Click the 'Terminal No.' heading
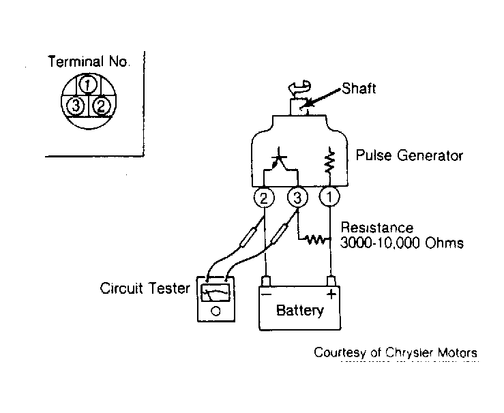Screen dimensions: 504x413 (89, 61)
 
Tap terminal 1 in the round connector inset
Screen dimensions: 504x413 (88, 85)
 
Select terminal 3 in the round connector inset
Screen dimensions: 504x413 (76, 106)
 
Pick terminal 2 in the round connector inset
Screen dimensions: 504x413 (101, 106)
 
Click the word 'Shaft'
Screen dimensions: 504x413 (359, 89)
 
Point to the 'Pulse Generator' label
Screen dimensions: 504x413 (409, 155)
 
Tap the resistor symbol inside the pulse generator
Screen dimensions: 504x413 (329, 162)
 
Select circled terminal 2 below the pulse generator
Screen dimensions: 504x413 (264, 198)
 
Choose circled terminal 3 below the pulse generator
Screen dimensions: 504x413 (297, 198)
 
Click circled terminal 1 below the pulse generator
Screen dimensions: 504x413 (330, 196)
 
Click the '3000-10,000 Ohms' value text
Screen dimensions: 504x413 (402, 243)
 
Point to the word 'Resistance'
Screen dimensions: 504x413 (376, 228)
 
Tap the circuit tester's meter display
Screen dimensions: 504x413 (216, 292)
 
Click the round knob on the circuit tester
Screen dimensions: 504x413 (216, 311)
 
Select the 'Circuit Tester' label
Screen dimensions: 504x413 (145, 288)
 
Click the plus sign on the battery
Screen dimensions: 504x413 (331, 294)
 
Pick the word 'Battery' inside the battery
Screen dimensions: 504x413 (300, 311)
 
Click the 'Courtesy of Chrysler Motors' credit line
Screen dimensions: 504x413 (396, 352)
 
